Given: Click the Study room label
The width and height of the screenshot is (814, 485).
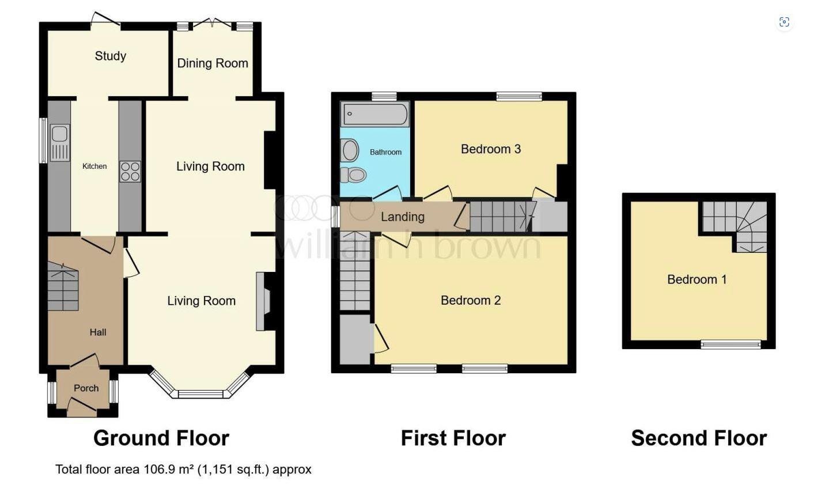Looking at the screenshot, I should tap(110, 56).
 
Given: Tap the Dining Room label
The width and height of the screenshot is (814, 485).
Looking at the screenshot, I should tap(212, 63).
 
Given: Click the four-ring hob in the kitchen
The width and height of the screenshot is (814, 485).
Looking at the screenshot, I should tap(130, 172).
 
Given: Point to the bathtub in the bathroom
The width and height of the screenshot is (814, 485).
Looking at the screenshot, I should tap(374, 114).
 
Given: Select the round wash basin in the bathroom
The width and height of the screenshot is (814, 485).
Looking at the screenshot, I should tap(350, 151).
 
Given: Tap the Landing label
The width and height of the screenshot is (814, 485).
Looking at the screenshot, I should tap(402, 217).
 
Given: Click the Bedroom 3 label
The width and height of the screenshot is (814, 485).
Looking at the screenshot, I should tap(490, 149).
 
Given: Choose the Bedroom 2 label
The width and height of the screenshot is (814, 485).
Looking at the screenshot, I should tap(470, 300).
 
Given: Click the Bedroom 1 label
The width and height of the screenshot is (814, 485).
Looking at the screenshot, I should tap(696, 279).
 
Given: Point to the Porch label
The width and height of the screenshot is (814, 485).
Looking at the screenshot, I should tap(86, 388).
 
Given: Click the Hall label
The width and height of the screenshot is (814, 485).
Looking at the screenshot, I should tap(97, 332).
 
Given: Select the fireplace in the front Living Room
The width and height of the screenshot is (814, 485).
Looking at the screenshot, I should tap(262, 301).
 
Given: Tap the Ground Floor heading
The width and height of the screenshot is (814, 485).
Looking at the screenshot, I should tap(161, 438).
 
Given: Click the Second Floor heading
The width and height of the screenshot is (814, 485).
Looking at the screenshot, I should tap(698, 438).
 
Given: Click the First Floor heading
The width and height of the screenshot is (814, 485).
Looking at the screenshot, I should tap(453, 438).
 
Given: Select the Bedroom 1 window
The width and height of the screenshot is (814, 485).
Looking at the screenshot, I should tap(730, 344).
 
